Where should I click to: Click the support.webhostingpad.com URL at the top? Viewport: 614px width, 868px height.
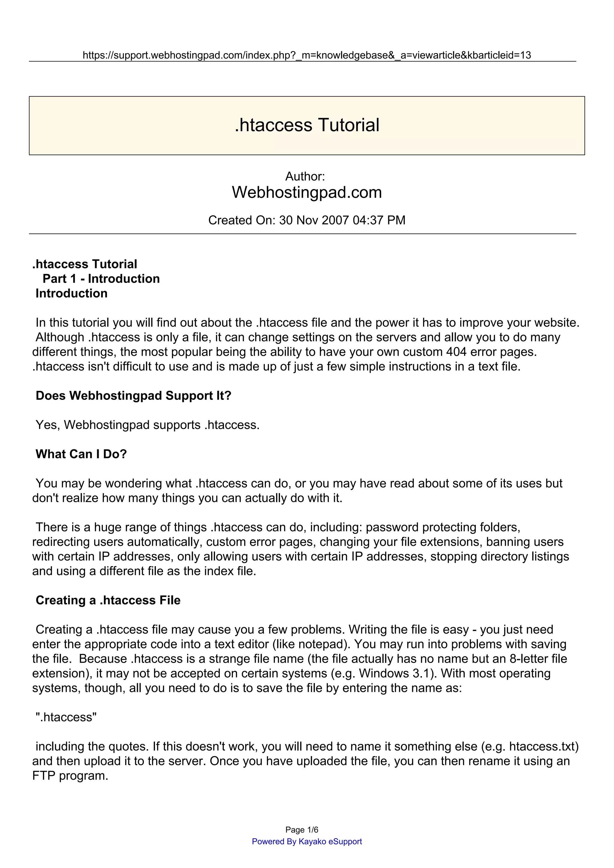point(307,55)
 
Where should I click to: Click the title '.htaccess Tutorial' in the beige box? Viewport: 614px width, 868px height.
point(307,125)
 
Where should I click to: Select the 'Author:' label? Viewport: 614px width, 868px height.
point(305,176)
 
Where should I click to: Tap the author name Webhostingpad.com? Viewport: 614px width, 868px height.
point(307,192)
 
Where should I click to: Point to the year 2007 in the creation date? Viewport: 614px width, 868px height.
point(335,220)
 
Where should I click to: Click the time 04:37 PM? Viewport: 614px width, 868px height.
point(379,220)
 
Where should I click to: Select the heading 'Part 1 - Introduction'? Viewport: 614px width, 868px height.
point(101,279)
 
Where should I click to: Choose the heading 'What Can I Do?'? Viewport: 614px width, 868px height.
point(81,454)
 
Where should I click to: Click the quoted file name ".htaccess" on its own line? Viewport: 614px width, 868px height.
point(66,717)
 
